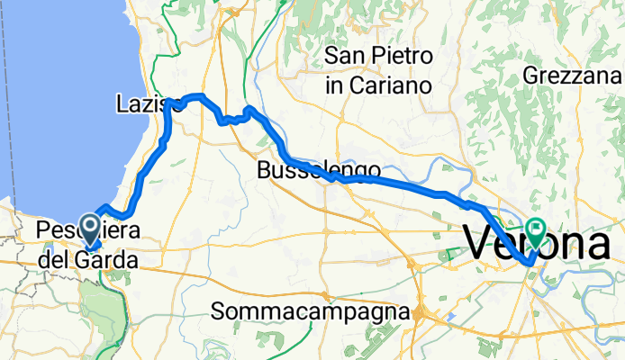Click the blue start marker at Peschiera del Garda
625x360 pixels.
tap(92, 227)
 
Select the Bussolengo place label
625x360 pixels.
tap(318, 169)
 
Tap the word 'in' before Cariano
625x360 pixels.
tap(334, 85)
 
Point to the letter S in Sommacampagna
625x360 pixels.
tap(217, 312)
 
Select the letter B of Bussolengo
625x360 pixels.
tap(264, 169)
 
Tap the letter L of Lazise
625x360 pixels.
tap(122, 105)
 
